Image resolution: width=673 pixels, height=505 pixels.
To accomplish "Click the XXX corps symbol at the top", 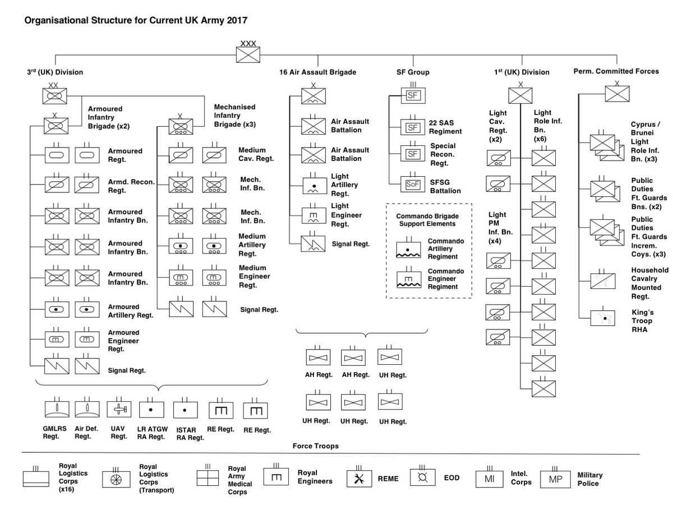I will tap(247, 54).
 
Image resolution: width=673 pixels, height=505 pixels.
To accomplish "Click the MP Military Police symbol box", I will tap(555, 479).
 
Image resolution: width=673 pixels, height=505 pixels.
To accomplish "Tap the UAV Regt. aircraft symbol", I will tap(118, 410).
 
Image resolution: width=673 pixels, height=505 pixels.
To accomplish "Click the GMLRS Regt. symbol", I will tap(57, 410).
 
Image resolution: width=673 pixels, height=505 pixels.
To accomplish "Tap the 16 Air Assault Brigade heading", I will tap(318, 72).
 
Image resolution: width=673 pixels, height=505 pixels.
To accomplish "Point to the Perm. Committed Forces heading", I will tap(616, 72).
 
